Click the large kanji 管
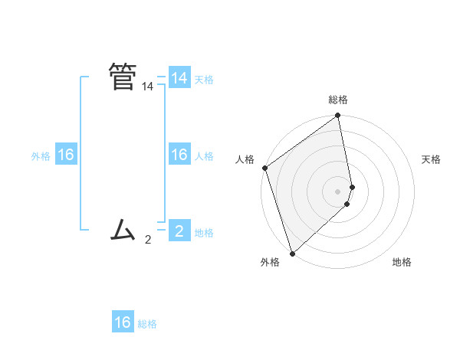123,77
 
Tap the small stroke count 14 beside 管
147,87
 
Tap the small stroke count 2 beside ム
148,240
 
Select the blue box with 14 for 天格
179,78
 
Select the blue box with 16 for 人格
179,155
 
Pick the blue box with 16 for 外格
66,155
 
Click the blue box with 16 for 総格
123,322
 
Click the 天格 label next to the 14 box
204,80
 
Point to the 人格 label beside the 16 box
204,156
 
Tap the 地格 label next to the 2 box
204,233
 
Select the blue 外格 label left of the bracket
41,156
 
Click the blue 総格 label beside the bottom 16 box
147,324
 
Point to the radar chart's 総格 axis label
338,100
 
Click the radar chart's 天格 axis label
431,159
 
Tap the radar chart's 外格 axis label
270,262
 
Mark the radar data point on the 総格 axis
338,116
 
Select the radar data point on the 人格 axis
264,168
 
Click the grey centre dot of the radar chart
338,191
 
